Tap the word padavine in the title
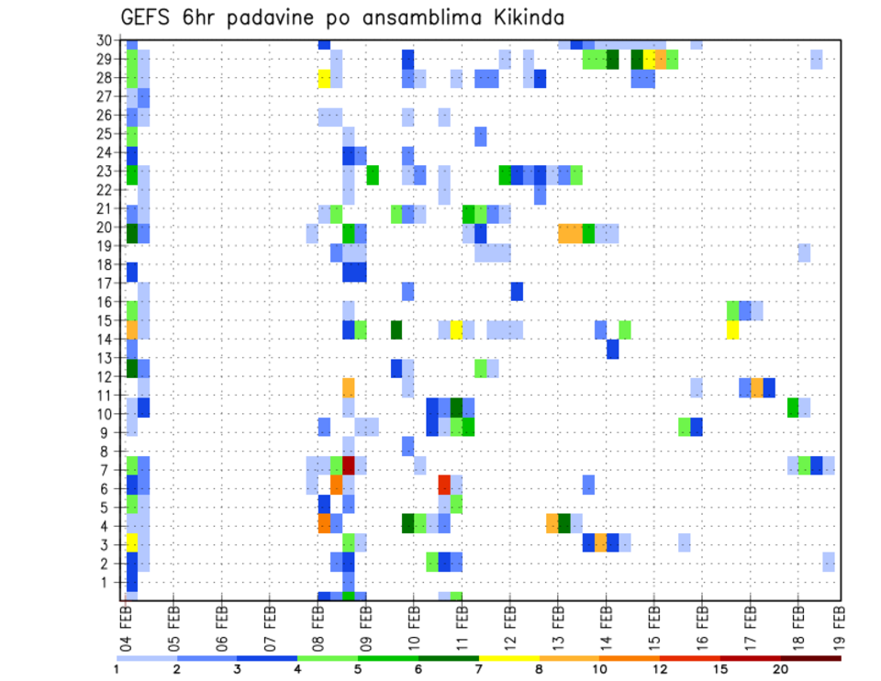coord(266,17)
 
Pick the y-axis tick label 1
coord(108,582)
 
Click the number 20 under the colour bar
coord(781,669)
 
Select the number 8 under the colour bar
coord(540,669)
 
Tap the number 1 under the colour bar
coord(117,669)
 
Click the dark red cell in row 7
coord(348,465)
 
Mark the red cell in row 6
coord(444,484)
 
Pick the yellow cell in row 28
coord(324,78)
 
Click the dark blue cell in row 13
coord(612,349)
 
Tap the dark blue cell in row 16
coord(517,291)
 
